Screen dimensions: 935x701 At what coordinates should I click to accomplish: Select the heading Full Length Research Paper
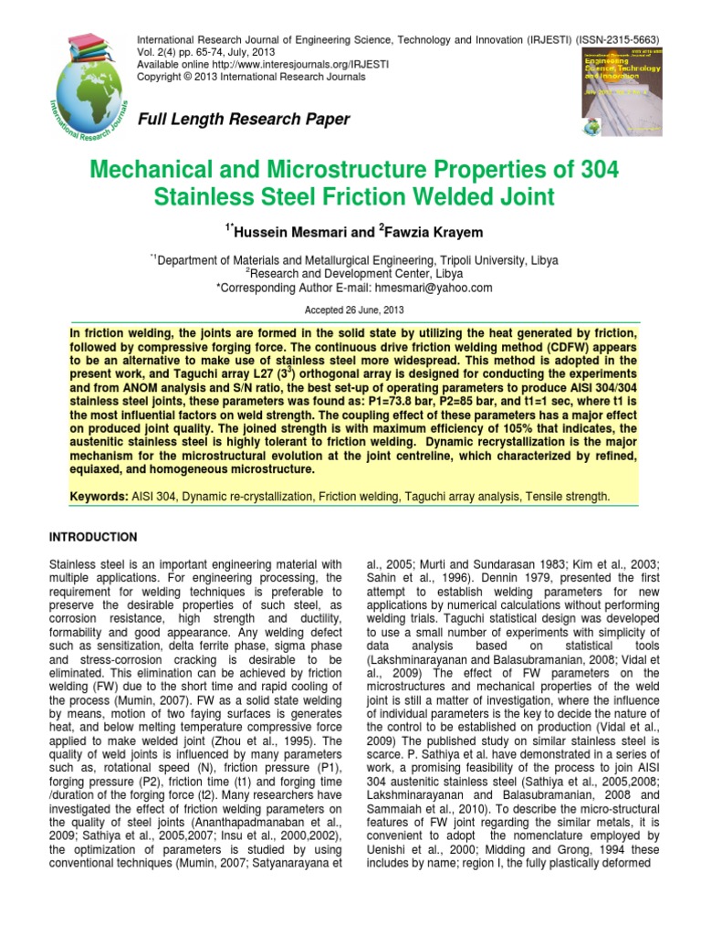[243, 120]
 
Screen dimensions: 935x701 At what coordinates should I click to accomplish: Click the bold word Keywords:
[100, 496]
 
